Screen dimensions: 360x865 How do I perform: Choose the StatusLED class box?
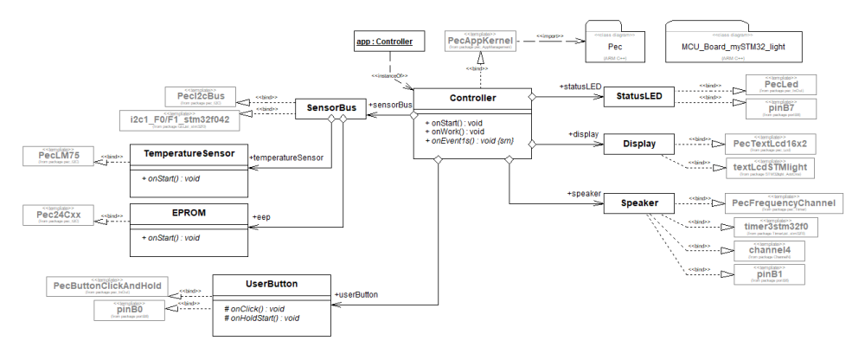638,97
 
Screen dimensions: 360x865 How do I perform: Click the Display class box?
638,144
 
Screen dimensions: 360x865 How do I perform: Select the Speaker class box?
638,204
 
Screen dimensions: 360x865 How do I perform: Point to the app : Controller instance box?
384,41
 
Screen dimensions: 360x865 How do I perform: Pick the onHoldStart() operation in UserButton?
266,318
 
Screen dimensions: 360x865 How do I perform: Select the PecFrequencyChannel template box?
780,203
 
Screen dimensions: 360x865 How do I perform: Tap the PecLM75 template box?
48,157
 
